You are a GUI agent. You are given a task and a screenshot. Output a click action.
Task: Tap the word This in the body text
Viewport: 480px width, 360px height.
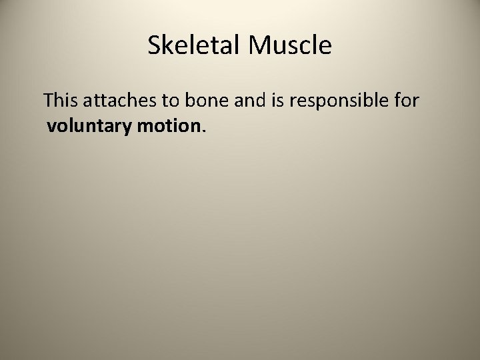60,101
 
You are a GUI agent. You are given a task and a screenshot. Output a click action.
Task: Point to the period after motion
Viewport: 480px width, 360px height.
201,130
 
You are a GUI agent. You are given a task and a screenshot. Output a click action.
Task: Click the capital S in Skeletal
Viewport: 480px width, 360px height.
153,45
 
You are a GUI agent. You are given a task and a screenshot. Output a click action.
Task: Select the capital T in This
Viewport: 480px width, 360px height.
49,101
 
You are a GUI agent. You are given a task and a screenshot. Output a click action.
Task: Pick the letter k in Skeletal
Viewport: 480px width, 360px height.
166,45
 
